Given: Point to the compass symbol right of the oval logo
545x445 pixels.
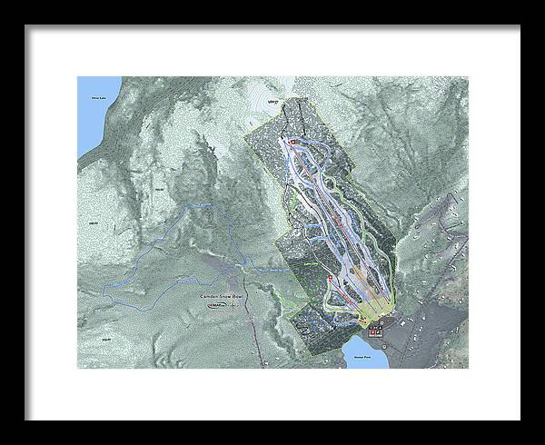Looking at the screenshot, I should (x=238, y=307).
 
